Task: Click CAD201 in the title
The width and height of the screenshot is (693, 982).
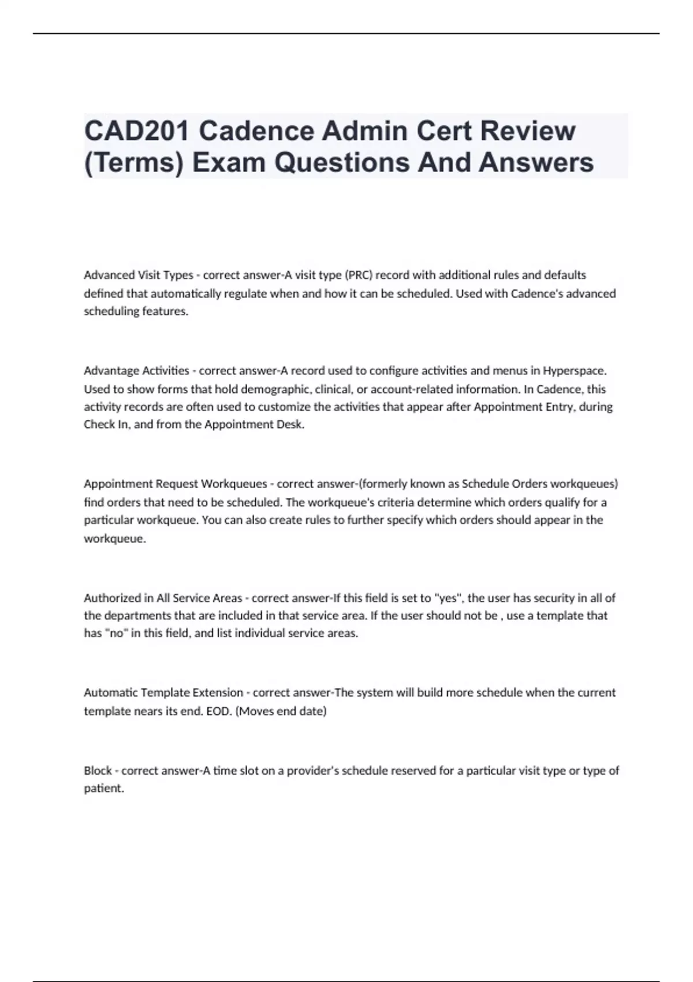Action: click(136, 131)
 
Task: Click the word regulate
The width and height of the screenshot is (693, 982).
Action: click(245, 293)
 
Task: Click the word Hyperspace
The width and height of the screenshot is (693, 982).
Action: click(575, 371)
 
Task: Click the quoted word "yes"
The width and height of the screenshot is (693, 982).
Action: click(449, 598)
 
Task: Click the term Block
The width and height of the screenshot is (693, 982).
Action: click(98, 771)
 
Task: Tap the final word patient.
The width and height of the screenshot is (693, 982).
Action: click(104, 788)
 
